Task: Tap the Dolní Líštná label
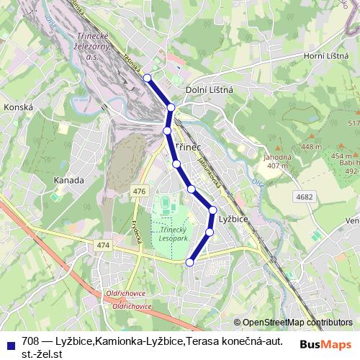pyautogui.click(x=207, y=91)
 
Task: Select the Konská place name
pyautogui.click(x=19, y=107)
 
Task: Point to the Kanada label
pyautogui.click(x=69, y=180)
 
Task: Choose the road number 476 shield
pyautogui.click(x=140, y=191)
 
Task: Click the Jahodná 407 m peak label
pyautogui.click(x=276, y=162)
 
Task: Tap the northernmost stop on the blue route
pyautogui.click(x=148, y=78)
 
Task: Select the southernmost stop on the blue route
pyautogui.click(x=190, y=263)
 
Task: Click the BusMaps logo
pyautogui.click(x=326, y=343)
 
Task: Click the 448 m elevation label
pyautogui.click(x=311, y=147)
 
